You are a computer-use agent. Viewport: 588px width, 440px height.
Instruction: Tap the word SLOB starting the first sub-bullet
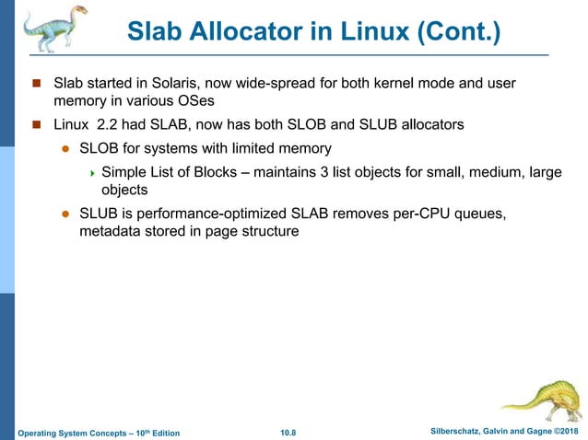(100, 147)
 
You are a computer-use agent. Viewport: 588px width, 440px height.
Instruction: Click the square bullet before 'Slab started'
(38, 85)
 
